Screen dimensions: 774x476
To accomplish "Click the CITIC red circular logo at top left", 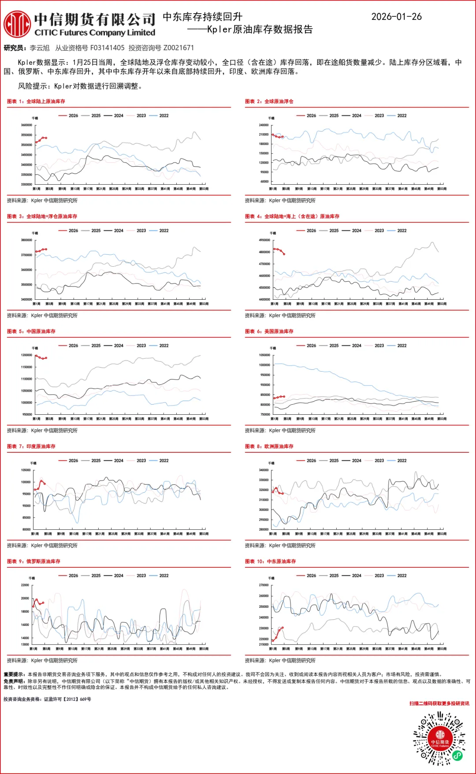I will [17, 24].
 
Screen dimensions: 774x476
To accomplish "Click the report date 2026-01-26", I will [396, 17].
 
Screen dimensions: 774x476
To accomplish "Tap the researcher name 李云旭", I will [40, 48].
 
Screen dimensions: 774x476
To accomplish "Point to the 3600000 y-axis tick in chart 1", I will [26, 125].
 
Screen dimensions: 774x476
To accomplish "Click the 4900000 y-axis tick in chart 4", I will [264, 240].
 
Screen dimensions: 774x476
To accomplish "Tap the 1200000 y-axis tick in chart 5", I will [26, 355].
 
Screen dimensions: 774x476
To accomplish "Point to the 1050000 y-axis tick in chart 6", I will [264, 355].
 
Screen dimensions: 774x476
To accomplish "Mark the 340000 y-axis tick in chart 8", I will [264, 470].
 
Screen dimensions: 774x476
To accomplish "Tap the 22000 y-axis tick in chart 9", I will [25, 585].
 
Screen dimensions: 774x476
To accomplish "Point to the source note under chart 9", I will [42, 660].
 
